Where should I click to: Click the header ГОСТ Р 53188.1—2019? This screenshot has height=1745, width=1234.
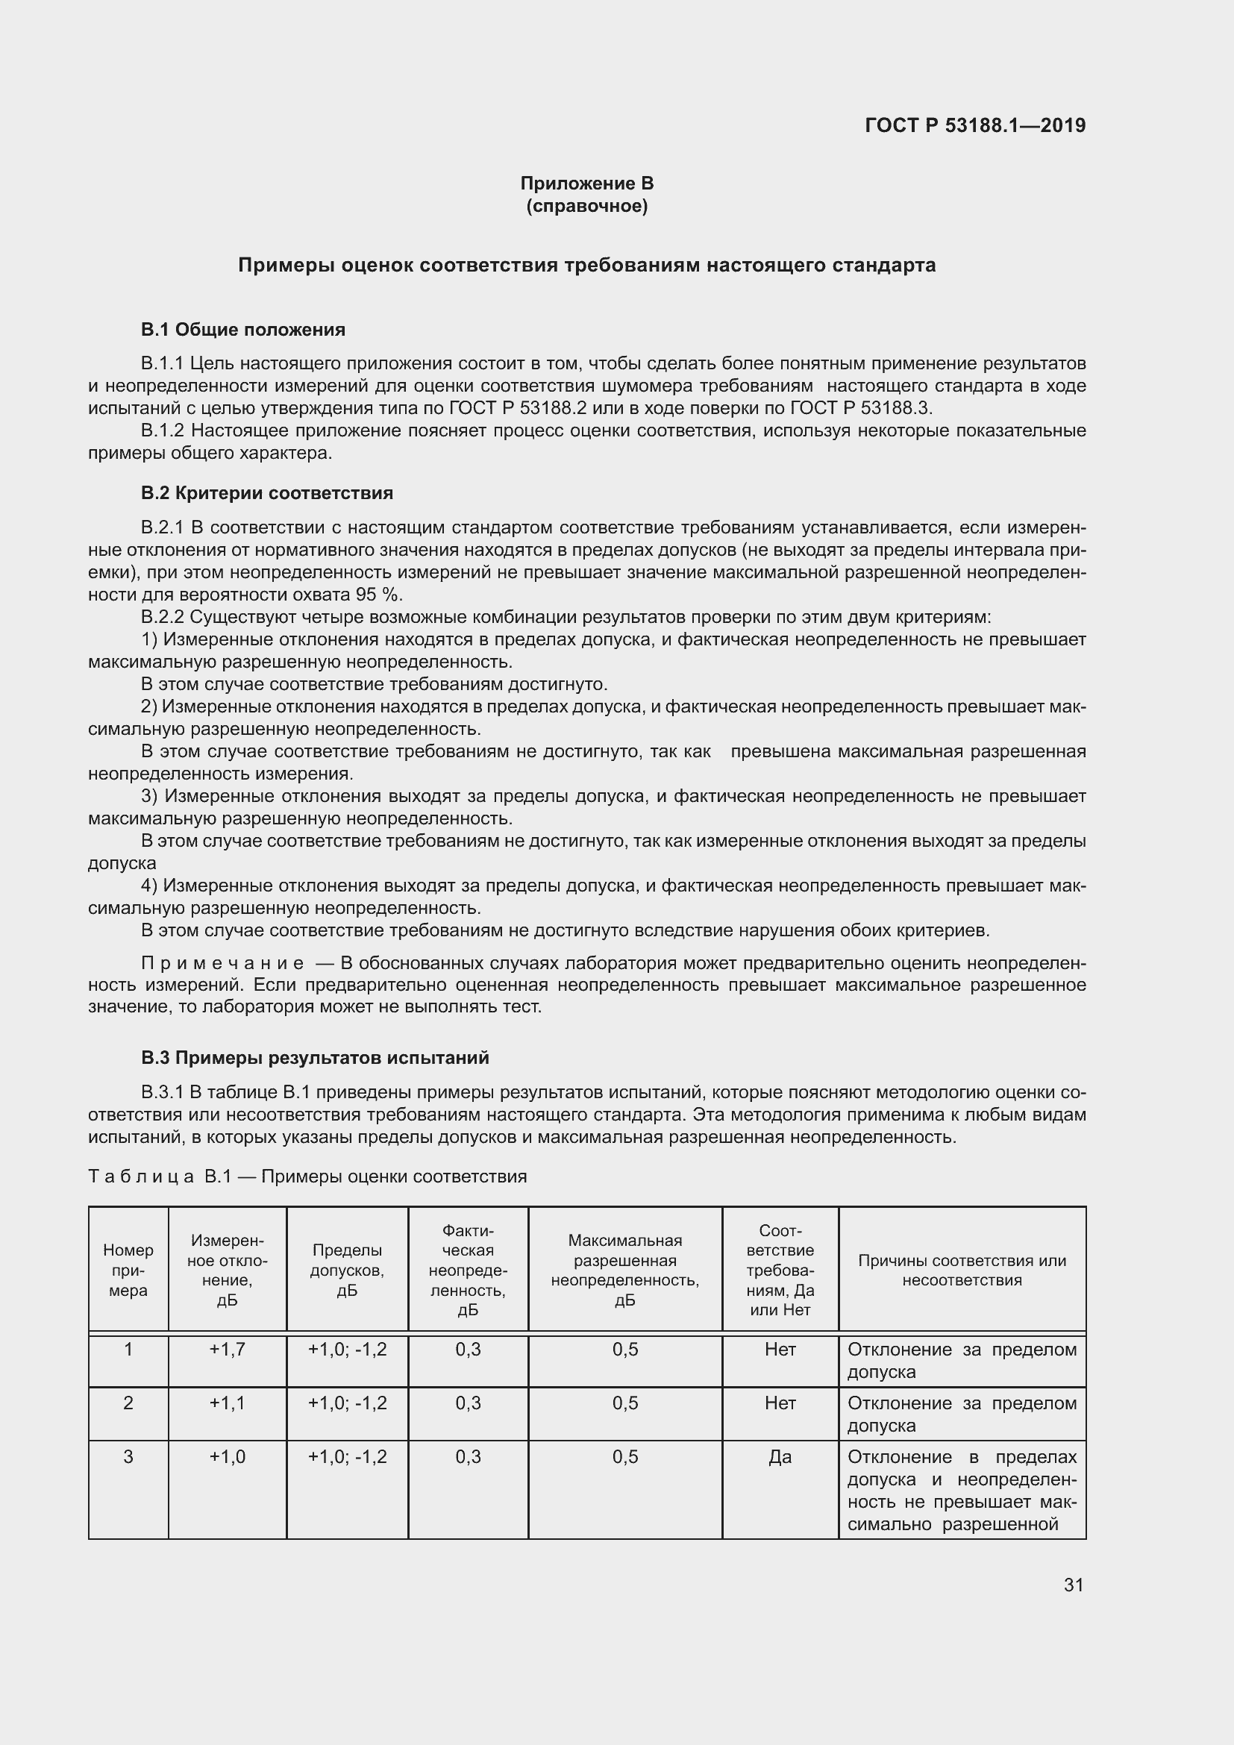point(975,125)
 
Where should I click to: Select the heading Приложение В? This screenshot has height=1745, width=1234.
point(586,184)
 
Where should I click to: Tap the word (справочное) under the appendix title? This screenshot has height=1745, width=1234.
point(586,206)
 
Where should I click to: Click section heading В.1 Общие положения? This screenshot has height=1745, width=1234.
point(243,330)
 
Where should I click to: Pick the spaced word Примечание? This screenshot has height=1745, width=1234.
point(222,963)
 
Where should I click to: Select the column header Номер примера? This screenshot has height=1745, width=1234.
point(128,1270)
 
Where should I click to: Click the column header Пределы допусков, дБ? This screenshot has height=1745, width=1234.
point(347,1270)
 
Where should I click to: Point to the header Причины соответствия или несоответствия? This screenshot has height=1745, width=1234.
point(962,1270)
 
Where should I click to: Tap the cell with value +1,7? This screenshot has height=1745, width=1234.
point(228,1349)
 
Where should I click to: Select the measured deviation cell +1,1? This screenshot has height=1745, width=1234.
point(228,1403)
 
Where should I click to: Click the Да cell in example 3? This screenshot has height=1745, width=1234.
point(780,1456)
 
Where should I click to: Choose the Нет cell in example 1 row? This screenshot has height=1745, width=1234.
point(780,1349)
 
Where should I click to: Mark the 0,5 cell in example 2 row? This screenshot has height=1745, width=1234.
point(624,1403)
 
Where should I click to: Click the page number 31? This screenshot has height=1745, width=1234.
point(1073,1585)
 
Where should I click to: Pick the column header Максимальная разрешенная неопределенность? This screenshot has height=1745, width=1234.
point(624,1270)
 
